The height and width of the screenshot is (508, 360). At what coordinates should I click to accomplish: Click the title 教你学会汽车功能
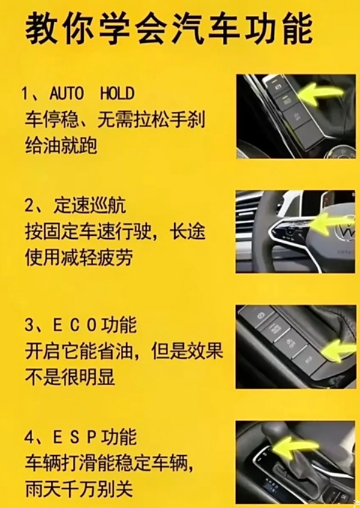pos(169,29)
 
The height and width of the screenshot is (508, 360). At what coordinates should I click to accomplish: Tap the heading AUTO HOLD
pos(92,94)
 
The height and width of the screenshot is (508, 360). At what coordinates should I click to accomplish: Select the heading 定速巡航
pos(90,205)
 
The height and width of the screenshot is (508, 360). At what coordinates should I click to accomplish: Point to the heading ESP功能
pos(95,436)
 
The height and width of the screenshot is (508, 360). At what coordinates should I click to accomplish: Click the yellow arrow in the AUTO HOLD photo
pos(320,94)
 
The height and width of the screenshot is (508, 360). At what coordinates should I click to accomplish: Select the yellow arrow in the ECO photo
pos(338,351)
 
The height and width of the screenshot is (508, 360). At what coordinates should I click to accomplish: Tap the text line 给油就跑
pos(61,145)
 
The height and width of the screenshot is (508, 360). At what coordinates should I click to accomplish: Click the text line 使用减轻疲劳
pos(79,258)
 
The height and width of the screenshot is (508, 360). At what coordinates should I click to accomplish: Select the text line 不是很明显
pos(70,377)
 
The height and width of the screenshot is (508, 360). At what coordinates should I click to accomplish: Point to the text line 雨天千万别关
pos(79,489)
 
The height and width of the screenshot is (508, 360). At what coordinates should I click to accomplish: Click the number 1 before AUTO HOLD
pos(25,94)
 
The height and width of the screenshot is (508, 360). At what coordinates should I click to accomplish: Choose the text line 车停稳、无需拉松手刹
pos(115,120)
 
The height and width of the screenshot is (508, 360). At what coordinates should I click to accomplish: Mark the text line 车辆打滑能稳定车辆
pos(110,463)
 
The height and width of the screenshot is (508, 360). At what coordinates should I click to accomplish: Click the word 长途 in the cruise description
pos(187,232)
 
